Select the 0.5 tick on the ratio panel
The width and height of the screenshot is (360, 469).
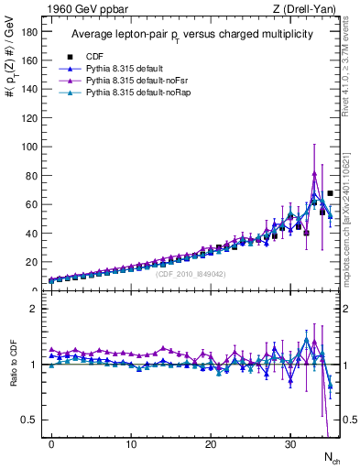pyautogui.click(x=33, y=420)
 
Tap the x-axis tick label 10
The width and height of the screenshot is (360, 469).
pyautogui.click(x=131, y=443)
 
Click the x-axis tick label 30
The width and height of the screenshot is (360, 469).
pyautogui.click(x=290, y=443)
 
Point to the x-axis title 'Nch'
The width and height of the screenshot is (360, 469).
pyautogui.click(x=332, y=456)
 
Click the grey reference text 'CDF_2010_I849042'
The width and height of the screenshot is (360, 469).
pyautogui.click(x=191, y=274)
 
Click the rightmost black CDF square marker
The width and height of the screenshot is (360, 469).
pyautogui.click(x=330, y=193)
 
